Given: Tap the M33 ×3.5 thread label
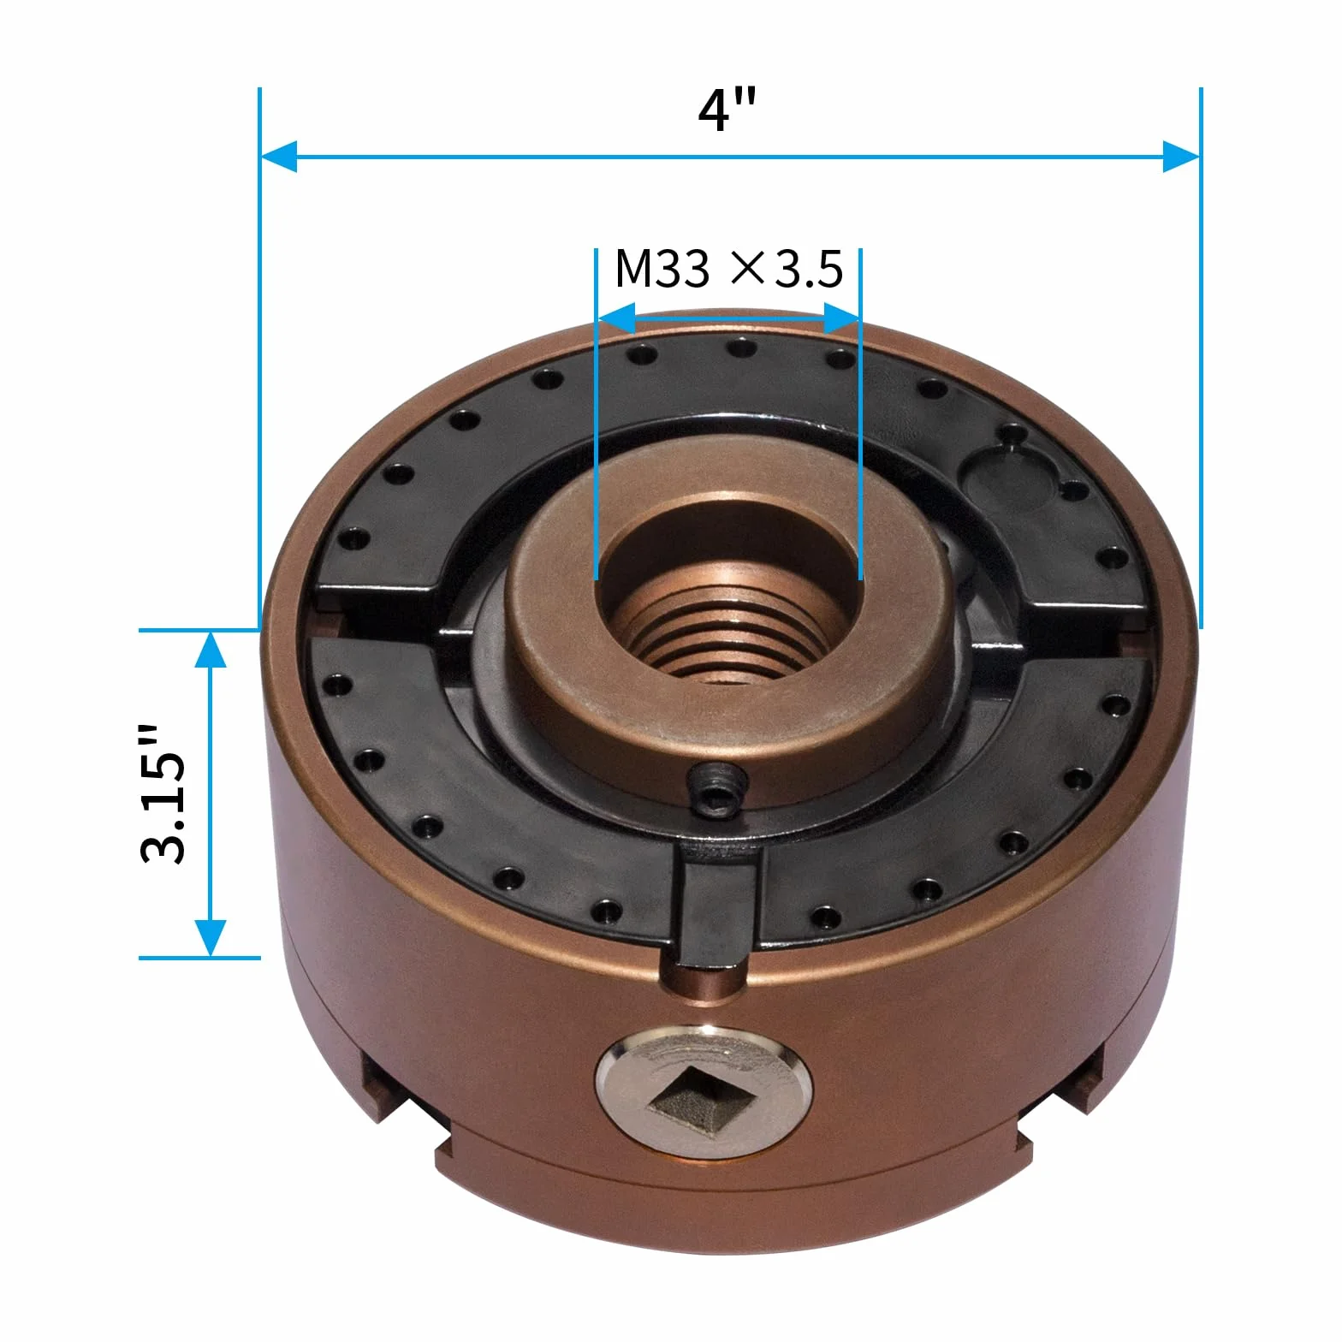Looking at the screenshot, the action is coord(729,269).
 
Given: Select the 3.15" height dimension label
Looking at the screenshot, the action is coord(163,793).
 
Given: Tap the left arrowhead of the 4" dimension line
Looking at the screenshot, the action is coord(278,157).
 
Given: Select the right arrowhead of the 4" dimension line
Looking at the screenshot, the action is coord(1182,157).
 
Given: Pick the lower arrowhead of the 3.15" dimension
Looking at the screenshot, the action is coord(211,938).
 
